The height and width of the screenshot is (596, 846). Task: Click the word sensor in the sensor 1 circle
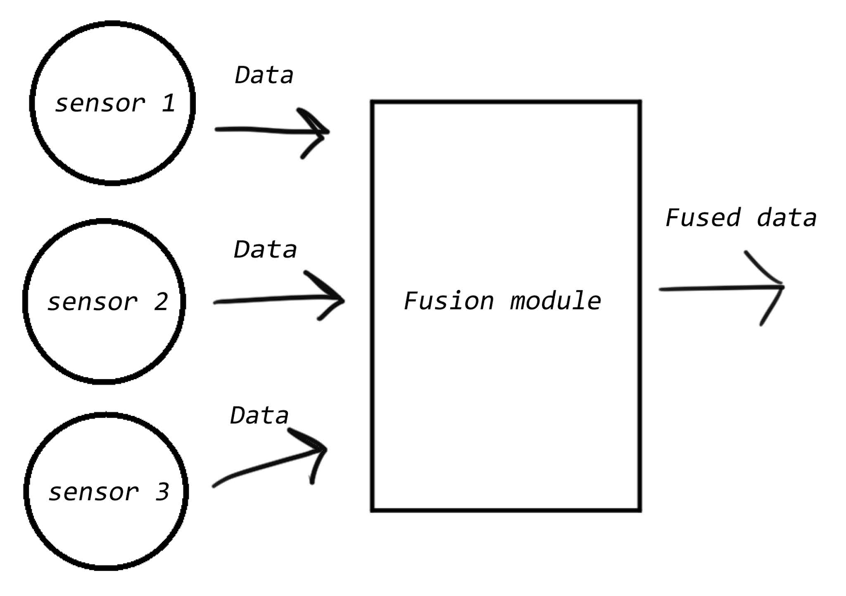click(100, 103)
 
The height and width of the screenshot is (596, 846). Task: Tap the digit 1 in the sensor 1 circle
click(169, 103)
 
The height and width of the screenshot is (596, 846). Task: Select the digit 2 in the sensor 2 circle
click(161, 302)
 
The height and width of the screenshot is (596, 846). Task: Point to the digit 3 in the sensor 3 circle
click(162, 492)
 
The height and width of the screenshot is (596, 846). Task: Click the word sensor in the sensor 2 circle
click(92, 302)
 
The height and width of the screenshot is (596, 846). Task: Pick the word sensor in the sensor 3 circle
click(93, 492)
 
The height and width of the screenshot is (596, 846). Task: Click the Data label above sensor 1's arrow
click(264, 76)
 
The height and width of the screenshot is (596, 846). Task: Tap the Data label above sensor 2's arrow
click(265, 250)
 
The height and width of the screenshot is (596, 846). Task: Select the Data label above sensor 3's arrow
click(259, 416)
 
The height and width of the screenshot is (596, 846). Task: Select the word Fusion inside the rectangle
click(449, 301)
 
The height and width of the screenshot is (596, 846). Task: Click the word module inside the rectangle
click(555, 301)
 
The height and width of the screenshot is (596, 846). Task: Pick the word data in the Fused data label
click(787, 218)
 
